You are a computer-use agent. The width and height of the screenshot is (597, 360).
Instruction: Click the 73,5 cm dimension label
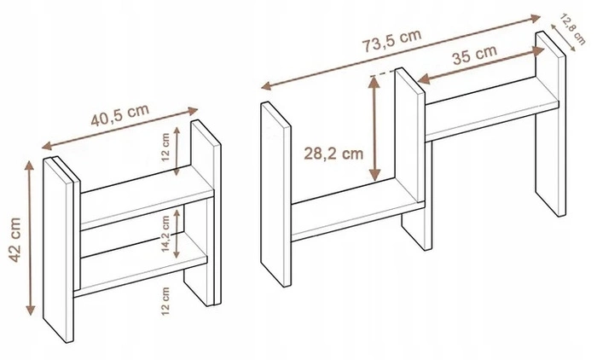[391, 40]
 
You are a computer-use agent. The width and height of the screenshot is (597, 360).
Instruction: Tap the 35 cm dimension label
[474, 55]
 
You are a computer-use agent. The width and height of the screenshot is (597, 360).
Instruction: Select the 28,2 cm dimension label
[333, 154]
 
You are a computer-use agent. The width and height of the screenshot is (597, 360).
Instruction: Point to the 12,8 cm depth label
[573, 29]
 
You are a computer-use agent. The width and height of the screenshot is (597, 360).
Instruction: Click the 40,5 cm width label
[119, 115]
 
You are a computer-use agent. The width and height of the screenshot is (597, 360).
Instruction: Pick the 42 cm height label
[15, 240]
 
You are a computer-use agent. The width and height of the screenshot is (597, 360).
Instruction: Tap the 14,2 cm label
[165, 234]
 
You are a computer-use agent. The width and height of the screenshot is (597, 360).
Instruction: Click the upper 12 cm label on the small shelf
[165, 147]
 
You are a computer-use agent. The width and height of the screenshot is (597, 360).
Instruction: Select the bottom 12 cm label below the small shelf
[165, 301]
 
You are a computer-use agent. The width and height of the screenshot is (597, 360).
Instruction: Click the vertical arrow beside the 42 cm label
[30, 238]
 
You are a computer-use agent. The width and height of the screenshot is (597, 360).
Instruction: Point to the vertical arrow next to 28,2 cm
[375, 129]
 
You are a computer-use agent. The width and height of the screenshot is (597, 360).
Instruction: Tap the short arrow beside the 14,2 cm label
[177, 233]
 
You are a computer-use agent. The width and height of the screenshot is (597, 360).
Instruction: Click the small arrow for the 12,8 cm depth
[564, 38]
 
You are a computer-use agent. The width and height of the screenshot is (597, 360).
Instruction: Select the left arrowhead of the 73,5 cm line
[266, 86]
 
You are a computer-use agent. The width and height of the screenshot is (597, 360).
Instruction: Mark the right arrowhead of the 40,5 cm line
[194, 111]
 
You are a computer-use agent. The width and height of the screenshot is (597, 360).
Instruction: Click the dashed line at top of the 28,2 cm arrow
[383, 74]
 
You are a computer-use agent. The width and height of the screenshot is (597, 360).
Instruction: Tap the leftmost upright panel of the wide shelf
[275, 194]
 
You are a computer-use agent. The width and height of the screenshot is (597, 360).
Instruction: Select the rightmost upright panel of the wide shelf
[551, 124]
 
